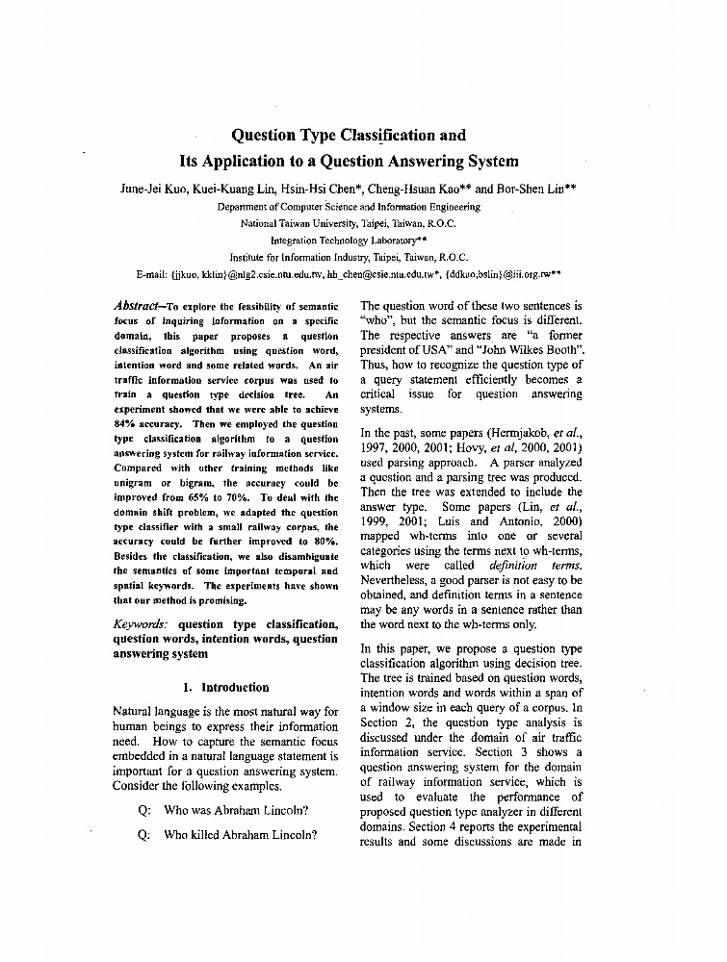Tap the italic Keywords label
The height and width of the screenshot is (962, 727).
143,624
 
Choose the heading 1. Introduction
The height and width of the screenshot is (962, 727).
225,687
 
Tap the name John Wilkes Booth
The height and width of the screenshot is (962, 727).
533,349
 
